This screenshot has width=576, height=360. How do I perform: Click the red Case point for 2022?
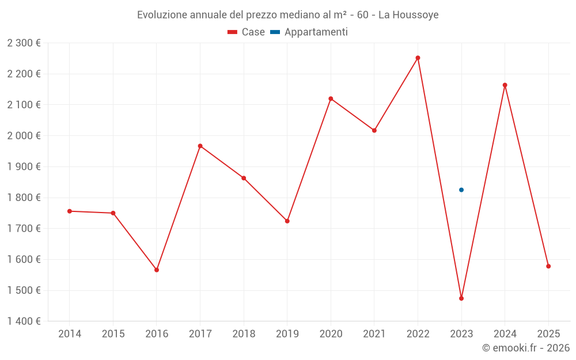[x=418, y=58]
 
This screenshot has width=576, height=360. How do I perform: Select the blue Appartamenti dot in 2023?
[x=461, y=190]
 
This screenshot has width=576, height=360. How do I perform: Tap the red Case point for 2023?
[x=461, y=298]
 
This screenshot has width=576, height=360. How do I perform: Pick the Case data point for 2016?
[x=157, y=270]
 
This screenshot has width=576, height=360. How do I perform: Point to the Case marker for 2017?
[x=200, y=146]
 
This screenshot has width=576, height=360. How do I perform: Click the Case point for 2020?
[x=331, y=98]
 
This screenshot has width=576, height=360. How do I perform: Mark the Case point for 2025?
[x=548, y=266]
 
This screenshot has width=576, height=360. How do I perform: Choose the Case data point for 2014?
[x=70, y=211]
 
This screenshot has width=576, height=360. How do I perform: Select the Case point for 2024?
[x=505, y=85]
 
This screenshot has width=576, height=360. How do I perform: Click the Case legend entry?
[x=247, y=32]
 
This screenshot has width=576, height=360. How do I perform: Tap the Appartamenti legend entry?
[x=309, y=32]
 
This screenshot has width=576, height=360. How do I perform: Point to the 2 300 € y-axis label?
[x=24, y=43]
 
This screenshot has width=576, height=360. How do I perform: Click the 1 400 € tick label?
[x=24, y=321]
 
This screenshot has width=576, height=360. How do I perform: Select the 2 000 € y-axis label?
[x=24, y=135]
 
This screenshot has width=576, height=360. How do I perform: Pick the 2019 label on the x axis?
[x=287, y=334]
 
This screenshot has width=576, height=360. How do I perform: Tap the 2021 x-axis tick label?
[x=374, y=334]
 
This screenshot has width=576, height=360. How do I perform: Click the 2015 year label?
[x=113, y=334]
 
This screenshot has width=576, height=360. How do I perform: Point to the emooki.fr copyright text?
[x=526, y=347]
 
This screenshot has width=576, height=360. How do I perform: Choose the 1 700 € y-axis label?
[x=24, y=229]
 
